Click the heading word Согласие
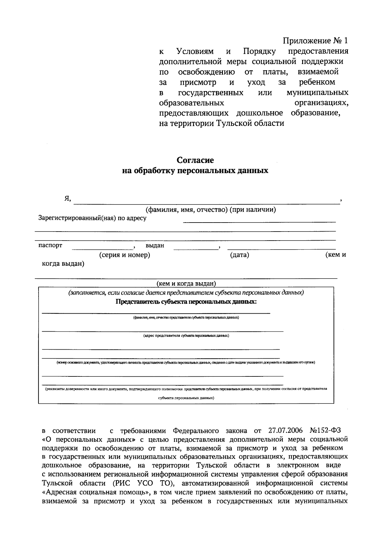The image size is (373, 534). click(x=195, y=160)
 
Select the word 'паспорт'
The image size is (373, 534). click(x=50, y=246)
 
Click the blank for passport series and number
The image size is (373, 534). click(x=102, y=247)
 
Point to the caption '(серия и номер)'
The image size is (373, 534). click(x=125, y=255)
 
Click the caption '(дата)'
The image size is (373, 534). click(x=240, y=255)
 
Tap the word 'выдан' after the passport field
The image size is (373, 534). click(x=155, y=246)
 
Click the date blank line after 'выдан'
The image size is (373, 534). click(x=196, y=247)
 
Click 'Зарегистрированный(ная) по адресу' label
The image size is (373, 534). click(x=92, y=218)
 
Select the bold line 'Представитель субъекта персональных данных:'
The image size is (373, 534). click(x=186, y=302)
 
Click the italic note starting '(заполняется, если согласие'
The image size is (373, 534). click(x=186, y=293)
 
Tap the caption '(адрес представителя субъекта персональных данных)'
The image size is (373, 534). click(x=186, y=336)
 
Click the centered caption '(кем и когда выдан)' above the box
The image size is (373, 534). click(x=186, y=283)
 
